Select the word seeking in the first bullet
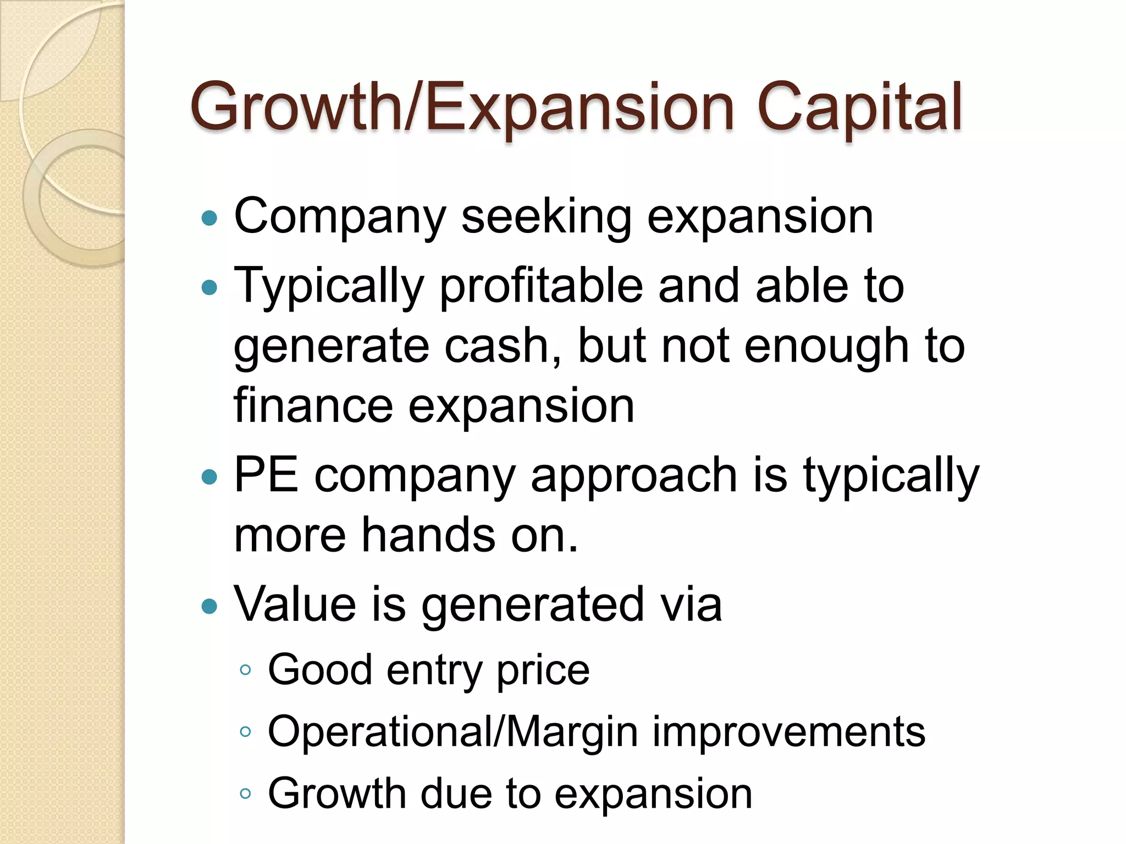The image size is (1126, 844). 546,216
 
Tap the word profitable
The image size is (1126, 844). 541,286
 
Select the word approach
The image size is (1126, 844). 633,476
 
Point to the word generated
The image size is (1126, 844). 532,605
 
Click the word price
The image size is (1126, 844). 543,671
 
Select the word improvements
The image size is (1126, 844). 788,732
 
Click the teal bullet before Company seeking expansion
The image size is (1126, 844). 209,219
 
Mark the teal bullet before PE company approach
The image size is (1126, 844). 209,476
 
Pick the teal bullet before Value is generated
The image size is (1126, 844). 209,606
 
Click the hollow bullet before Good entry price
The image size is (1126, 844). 245,670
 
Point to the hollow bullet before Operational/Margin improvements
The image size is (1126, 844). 245,731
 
